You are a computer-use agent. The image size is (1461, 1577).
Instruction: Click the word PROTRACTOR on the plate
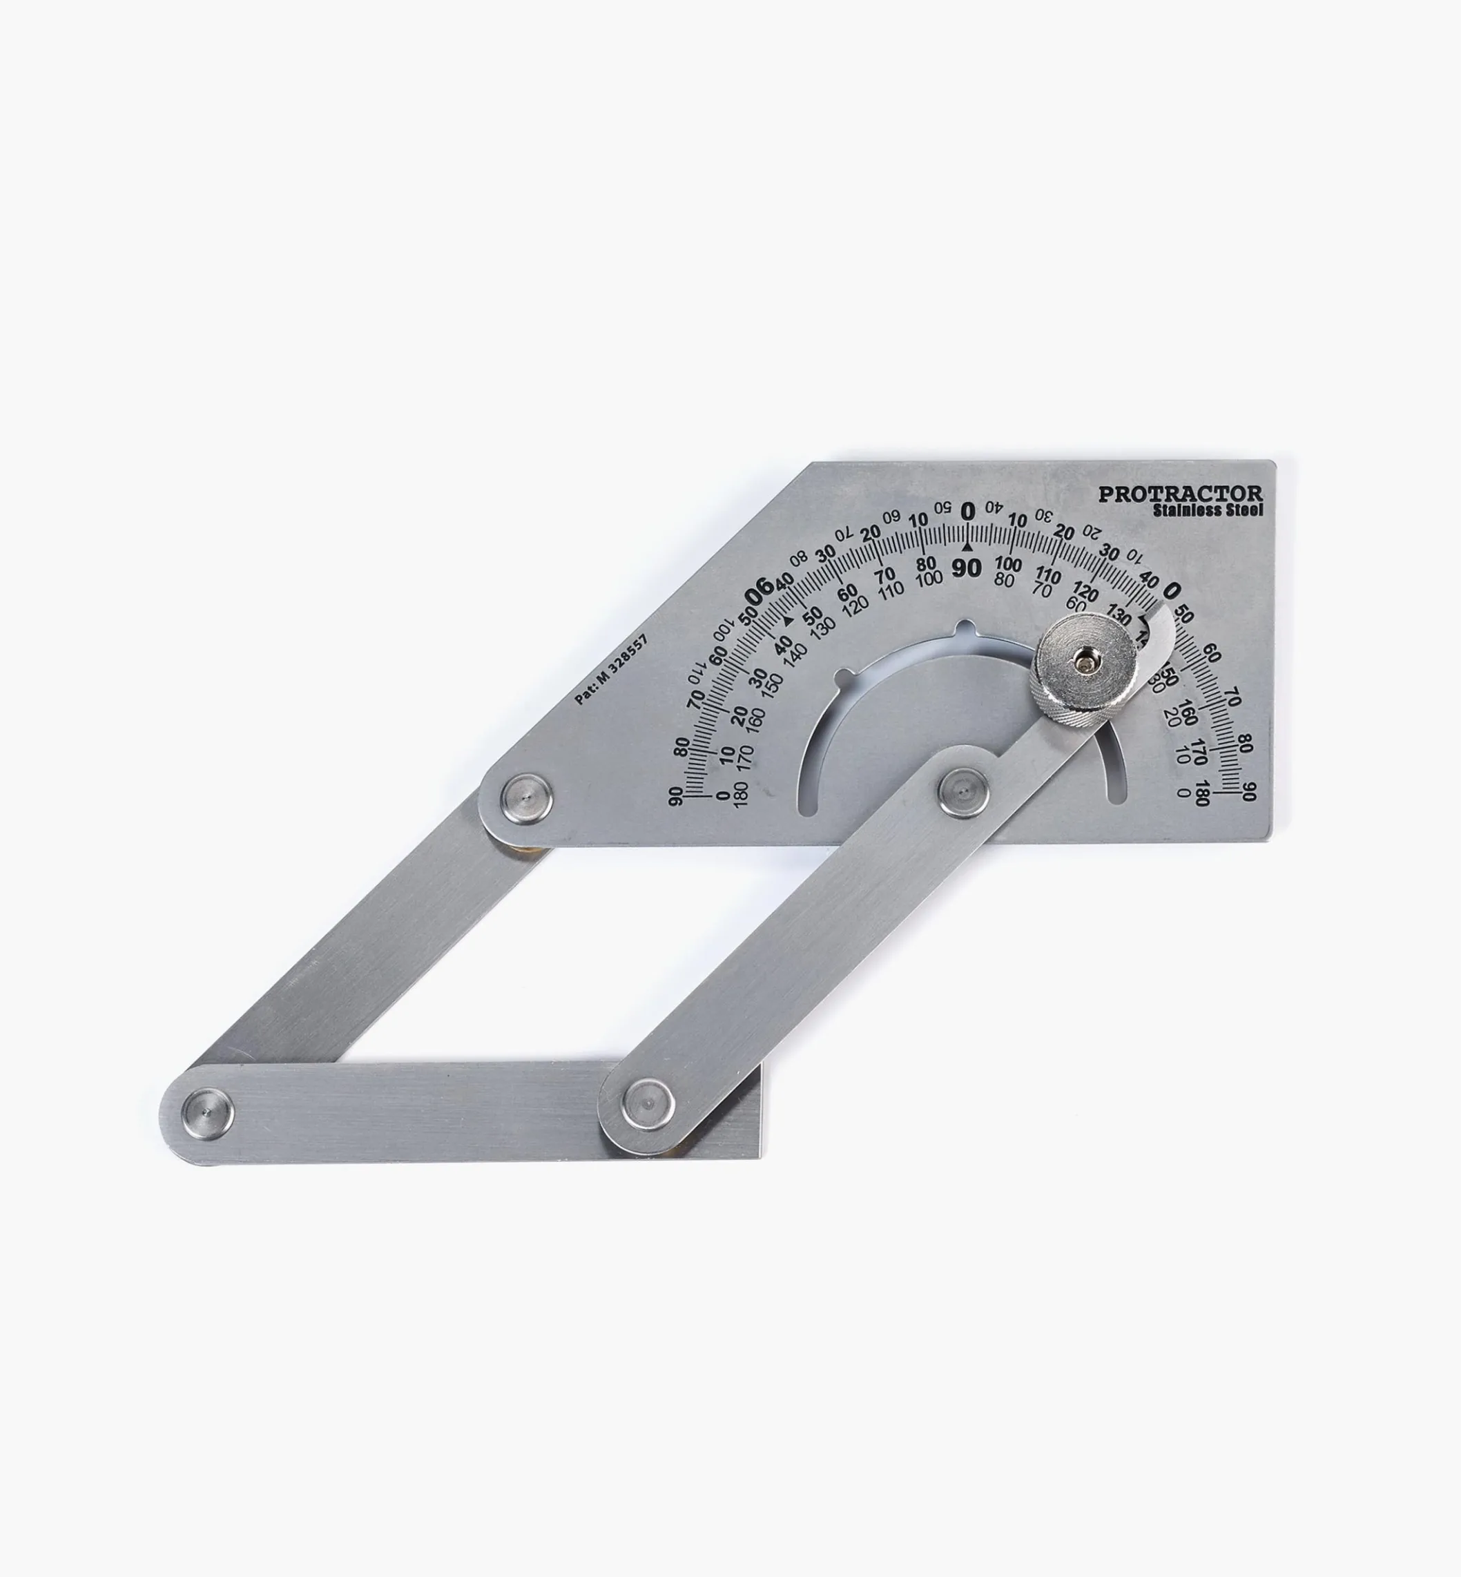[1181, 494]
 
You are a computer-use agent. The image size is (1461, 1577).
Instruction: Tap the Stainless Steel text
[1207, 511]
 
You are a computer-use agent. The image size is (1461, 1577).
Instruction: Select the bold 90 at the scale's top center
[966, 568]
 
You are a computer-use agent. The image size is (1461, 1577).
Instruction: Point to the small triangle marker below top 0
[966, 546]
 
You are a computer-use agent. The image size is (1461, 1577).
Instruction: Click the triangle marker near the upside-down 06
[786, 621]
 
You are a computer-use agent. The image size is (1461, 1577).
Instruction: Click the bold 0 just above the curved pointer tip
[1172, 590]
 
